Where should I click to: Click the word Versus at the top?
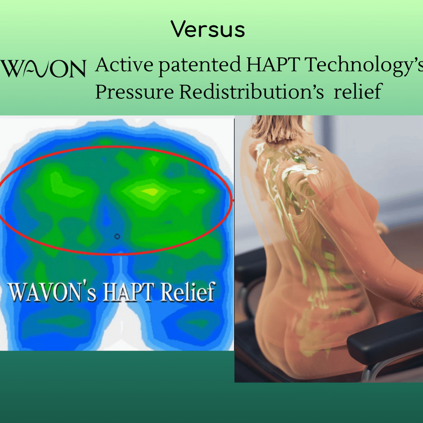[x=208, y=30]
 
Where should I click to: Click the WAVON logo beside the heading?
[x=43, y=69]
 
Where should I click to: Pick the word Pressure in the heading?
[x=134, y=91]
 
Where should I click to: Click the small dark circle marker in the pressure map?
[x=117, y=236]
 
